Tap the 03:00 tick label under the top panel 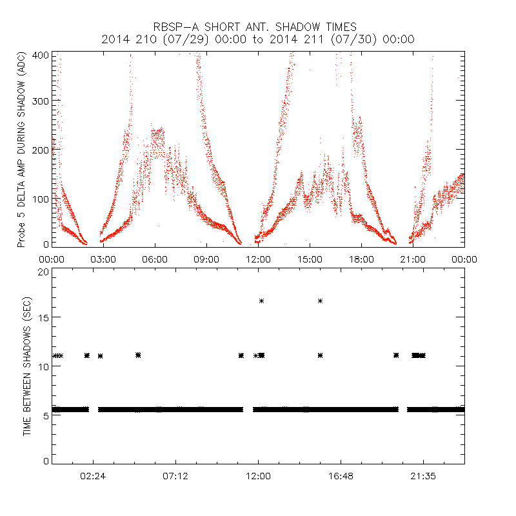103,259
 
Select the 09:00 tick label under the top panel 206,259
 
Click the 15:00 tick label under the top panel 310,259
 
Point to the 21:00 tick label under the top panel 413,259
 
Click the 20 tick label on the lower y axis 43,272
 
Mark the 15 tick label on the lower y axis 43,318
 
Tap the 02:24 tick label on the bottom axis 93,476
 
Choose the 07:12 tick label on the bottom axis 175,476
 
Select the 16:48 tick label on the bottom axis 341,476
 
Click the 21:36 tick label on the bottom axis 423,476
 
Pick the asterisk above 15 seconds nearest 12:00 261,301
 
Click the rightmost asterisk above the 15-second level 320,301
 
